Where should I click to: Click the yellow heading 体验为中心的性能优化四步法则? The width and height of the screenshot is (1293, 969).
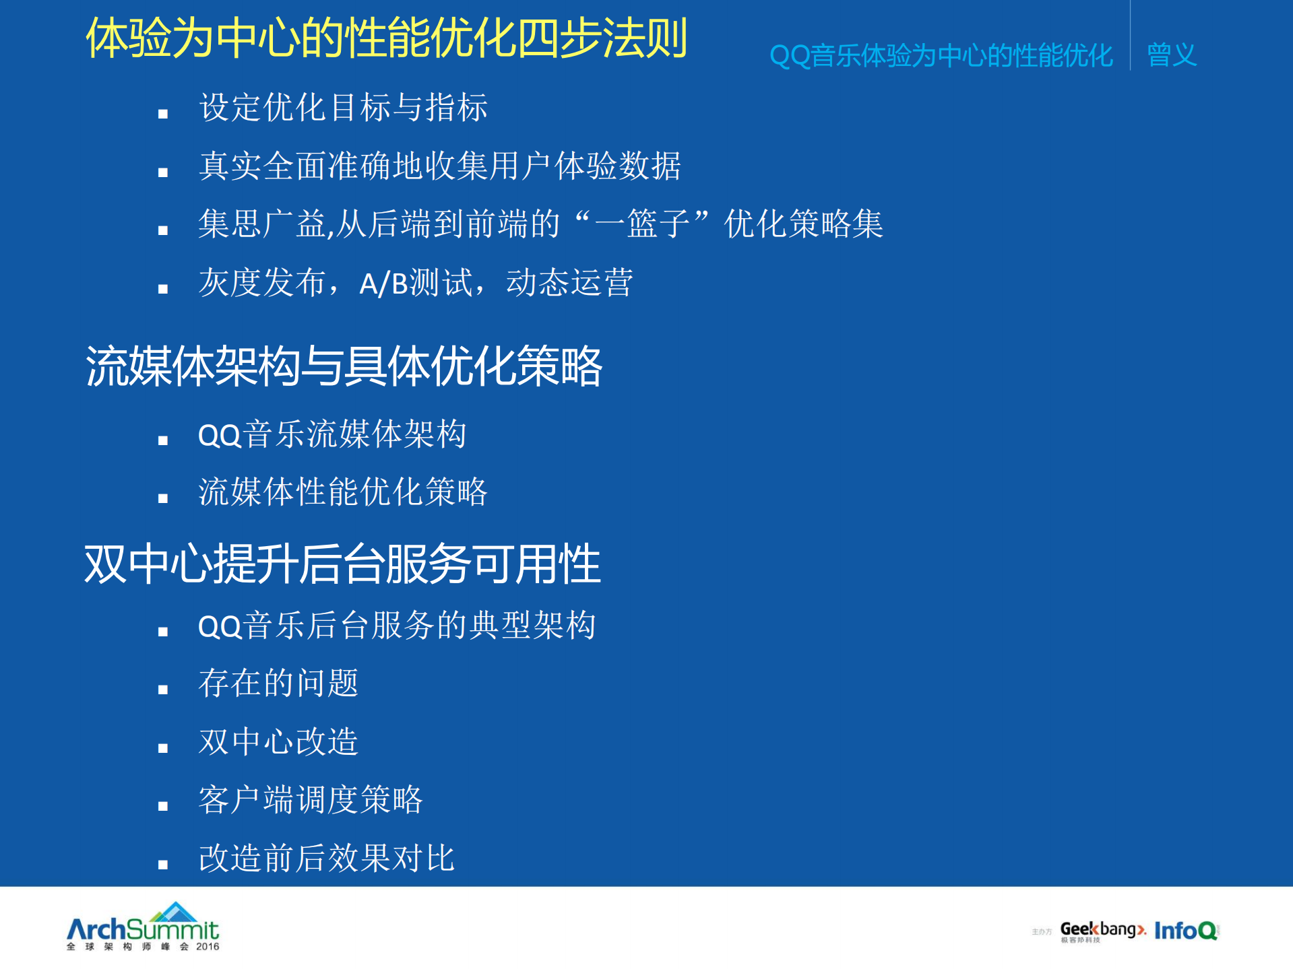(x=386, y=38)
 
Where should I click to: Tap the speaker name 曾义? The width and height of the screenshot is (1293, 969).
(x=1171, y=55)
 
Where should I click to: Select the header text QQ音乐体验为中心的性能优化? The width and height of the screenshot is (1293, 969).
(x=941, y=56)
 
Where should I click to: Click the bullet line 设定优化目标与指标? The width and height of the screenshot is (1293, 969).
(x=343, y=108)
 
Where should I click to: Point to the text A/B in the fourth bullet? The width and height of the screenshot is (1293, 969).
(x=383, y=283)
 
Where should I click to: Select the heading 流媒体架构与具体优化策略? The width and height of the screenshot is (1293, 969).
(x=344, y=367)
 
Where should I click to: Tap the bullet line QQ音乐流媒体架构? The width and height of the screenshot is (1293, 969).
(x=332, y=434)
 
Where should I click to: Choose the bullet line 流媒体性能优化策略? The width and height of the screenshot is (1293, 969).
(x=342, y=492)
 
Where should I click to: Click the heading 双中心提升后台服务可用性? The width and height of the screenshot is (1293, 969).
(x=342, y=564)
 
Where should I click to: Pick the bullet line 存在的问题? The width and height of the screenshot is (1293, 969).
(x=278, y=683)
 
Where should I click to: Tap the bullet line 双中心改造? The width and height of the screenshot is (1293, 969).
(x=278, y=742)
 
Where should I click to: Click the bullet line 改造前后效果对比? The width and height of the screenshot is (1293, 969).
(x=326, y=859)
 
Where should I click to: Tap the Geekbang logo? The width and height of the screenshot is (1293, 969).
(x=1102, y=931)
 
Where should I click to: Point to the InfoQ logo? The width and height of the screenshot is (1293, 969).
(x=1186, y=931)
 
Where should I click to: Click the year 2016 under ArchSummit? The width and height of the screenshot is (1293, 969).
(x=208, y=947)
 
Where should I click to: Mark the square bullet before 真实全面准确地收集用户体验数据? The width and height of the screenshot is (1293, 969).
(x=163, y=173)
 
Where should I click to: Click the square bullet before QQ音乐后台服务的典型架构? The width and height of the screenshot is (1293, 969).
(x=163, y=632)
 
